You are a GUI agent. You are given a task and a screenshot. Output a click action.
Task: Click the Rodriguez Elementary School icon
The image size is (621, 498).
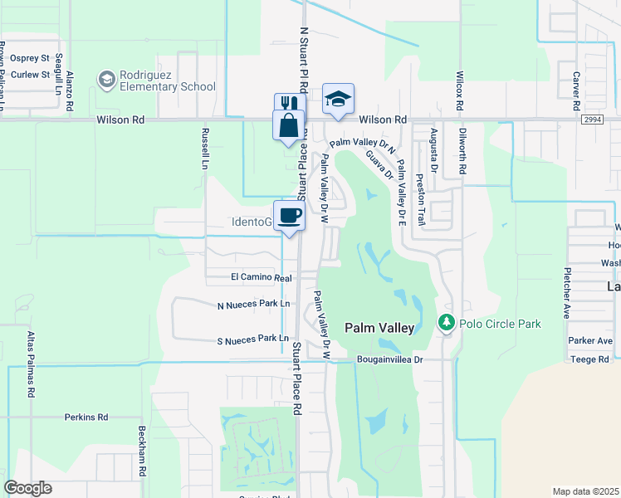(106, 80)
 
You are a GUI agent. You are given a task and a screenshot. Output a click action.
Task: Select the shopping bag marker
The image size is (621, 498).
(289, 126)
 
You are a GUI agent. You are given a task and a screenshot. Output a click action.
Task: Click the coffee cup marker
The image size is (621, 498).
(289, 216)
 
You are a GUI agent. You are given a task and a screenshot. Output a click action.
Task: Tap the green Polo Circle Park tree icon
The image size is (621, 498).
(447, 323)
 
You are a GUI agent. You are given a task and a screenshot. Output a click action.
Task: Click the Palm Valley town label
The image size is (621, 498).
(379, 328)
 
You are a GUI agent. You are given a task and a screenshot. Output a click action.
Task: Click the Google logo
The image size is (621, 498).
(27, 488)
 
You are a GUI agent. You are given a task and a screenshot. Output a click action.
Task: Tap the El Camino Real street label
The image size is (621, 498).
(261, 278)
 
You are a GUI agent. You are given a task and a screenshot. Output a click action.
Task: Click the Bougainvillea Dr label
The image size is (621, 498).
(390, 359)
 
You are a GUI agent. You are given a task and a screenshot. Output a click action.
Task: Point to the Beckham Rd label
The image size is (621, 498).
(142, 452)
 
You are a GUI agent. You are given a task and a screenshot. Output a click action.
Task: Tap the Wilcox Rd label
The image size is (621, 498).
(458, 90)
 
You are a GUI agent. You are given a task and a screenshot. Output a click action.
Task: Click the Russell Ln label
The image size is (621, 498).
(204, 148)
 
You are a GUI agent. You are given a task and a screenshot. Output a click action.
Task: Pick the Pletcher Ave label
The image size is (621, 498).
(568, 292)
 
